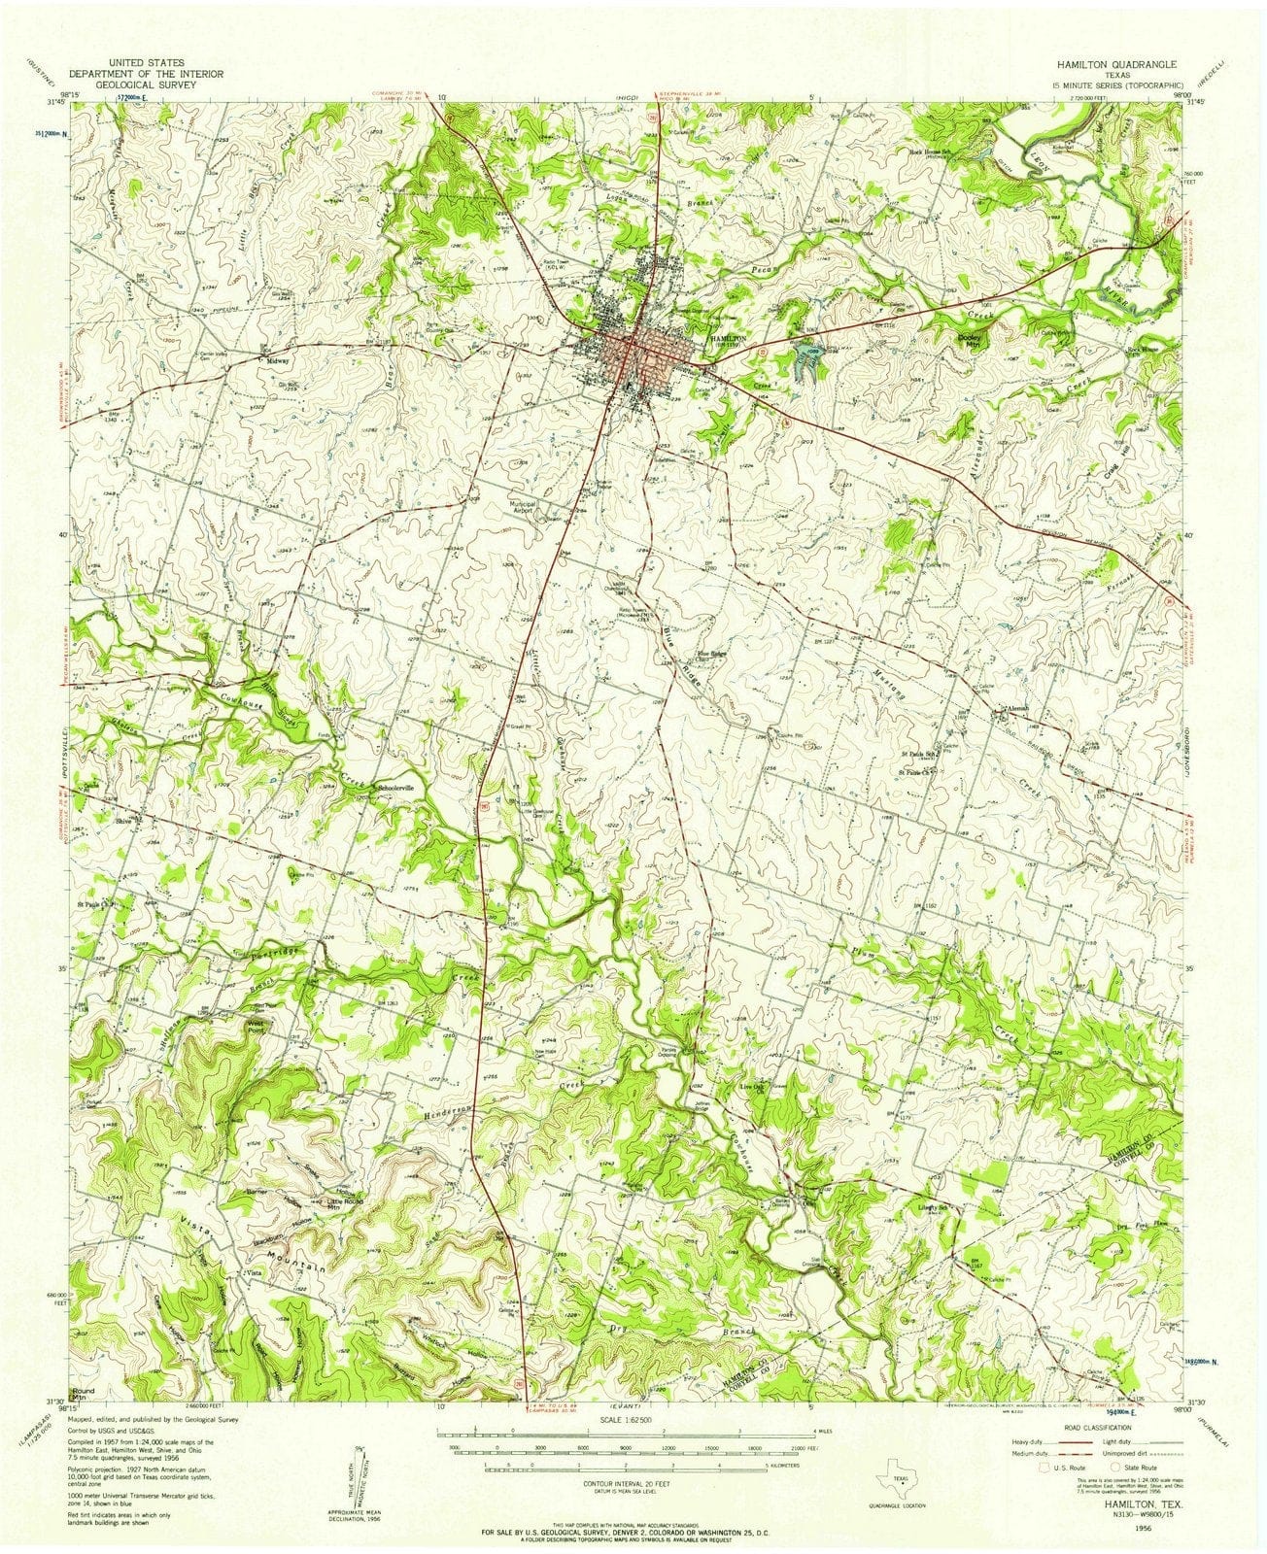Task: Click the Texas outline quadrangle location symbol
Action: pos(890,1457)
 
